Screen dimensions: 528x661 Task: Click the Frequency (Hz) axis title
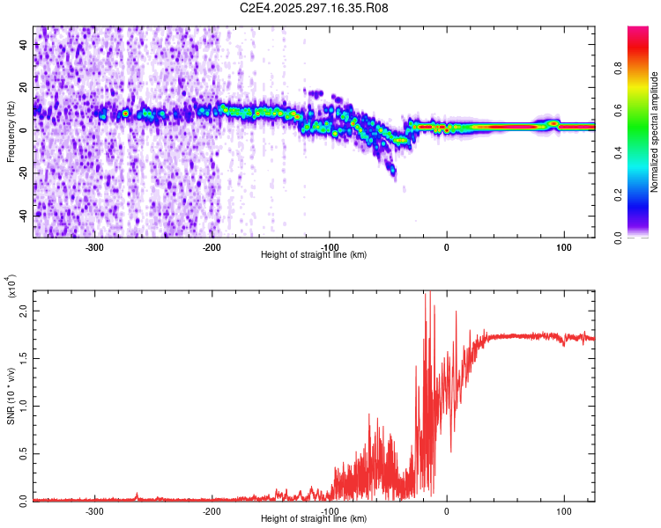pyautogui.click(x=11, y=132)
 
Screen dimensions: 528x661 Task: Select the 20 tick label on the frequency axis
pyautogui.click(x=24, y=87)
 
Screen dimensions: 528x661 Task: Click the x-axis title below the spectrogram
pyautogui.click(x=315, y=254)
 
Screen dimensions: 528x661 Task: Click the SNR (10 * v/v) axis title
pyautogui.click(x=11, y=395)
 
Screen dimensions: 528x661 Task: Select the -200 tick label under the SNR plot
pyautogui.click(x=212, y=510)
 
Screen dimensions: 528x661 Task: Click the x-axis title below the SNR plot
pyautogui.click(x=315, y=518)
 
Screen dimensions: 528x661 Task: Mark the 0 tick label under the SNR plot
pyautogui.click(x=446, y=510)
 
